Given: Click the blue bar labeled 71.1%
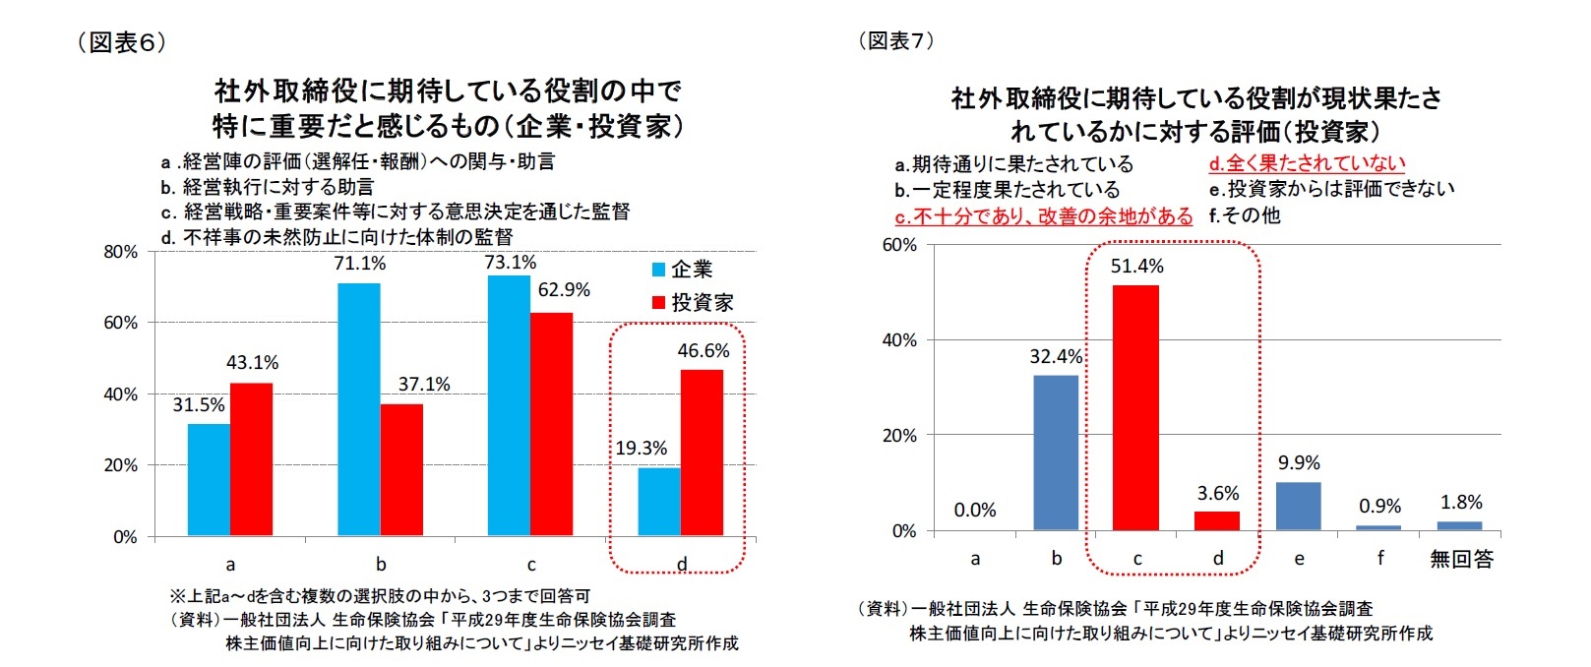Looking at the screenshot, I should pos(359,409).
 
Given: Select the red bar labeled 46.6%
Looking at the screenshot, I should pos(702,453).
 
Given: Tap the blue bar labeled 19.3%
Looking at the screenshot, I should pos(659,502).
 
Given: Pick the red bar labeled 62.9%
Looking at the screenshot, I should pos(551,424).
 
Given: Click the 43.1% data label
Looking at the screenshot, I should pos(253,363).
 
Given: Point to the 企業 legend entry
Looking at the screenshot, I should pos(683,270).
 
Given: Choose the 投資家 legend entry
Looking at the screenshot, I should pos(693,303).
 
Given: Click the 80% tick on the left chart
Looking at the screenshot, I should pos(121,252).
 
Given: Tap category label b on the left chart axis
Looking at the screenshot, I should pos(381,565).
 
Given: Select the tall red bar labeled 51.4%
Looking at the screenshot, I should pos(1135,407).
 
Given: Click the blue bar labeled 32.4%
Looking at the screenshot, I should pos(1056,453).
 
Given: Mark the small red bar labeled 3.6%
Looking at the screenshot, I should pos(1217,520).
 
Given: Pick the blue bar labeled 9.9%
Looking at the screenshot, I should pos(1299,506).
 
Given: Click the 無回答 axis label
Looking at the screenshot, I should pos(1461,560).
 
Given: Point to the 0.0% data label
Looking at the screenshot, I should pos(975,510).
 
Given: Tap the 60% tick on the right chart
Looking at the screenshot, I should pos(899,245).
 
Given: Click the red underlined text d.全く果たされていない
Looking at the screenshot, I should pos(1307,163).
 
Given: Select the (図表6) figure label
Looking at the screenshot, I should pos(122,42).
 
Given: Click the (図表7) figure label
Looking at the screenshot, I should pos(896,40).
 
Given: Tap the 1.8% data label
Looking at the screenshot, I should pos(1461,503).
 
